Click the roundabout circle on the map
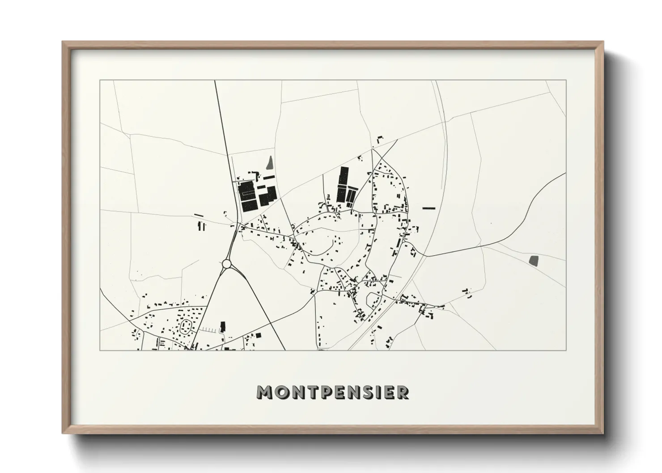click(x=227, y=264)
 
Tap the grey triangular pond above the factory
click(x=269, y=163)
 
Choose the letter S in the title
click(x=371, y=392)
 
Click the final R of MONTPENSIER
click(x=402, y=392)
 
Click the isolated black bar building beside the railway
click(x=429, y=208)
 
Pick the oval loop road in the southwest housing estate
click(x=185, y=327)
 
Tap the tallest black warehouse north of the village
click(x=343, y=184)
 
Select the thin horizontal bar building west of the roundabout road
click(x=199, y=215)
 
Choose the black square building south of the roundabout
click(x=258, y=335)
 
